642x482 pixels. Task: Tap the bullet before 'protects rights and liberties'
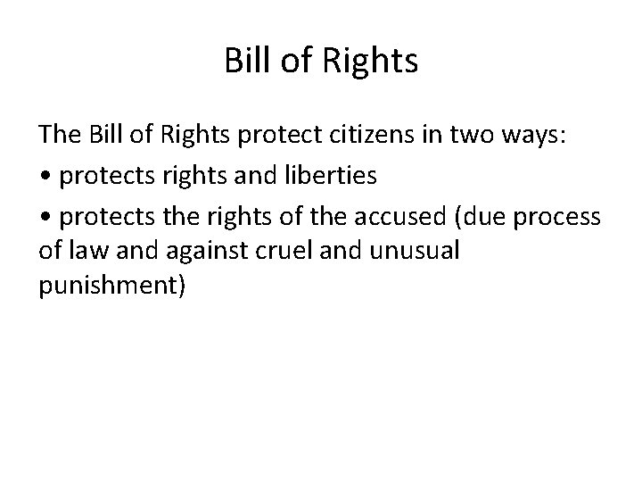click(44, 176)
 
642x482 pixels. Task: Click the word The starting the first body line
click(59, 137)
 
